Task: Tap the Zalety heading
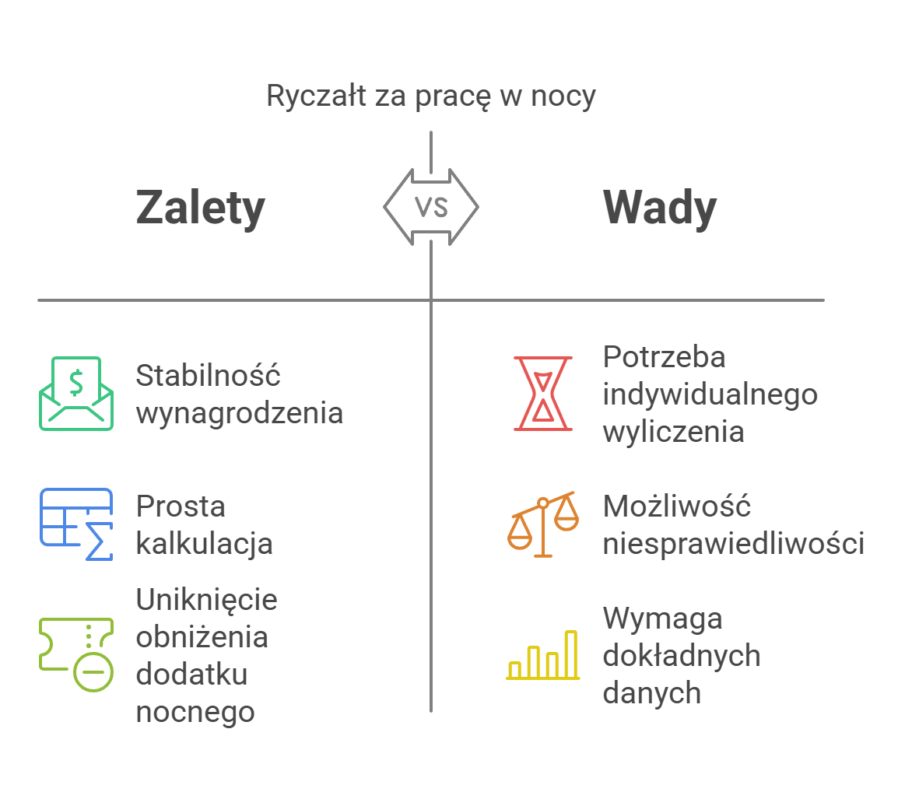(x=201, y=209)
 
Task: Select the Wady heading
(x=660, y=209)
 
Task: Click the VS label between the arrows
(x=431, y=207)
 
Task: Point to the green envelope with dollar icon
(x=76, y=394)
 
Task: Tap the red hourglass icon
(x=543, y=394)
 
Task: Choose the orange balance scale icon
(x=543, y=524)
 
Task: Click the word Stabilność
(x=208, y=376)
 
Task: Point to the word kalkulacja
(x=204, y=543)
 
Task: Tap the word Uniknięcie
(x=206, y=600)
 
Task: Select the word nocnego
(x=195, y=711)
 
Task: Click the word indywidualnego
(x=710, y=394)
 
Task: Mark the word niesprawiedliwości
(x=733, y=543)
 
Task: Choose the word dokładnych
(x=681, y=655)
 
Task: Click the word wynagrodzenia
(x=239, y=412)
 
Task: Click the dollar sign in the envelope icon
(x=76, y=382)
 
